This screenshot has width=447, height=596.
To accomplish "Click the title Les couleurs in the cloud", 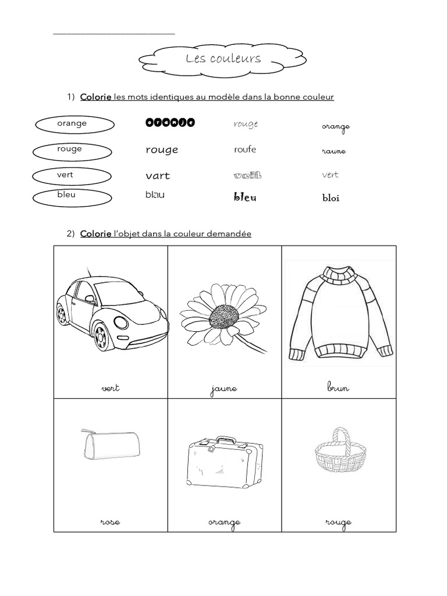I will pyautogui.click(x=223, y=59).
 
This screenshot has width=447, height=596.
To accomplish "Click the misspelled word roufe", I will pyautogui.click(x=245, y=150).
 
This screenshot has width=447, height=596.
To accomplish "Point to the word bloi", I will pyautogui.click(x=331, y=198).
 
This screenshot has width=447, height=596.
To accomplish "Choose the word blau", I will pyautogui.click(x=155, y=195).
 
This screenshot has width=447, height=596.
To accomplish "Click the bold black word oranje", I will pyautogui.click(x=169, y=123).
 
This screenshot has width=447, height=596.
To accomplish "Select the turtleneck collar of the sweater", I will pyautogui.click(x=339, y=274).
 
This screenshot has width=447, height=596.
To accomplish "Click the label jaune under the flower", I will pyautogui.click(x=224, y=389).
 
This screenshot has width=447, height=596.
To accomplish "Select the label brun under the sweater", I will pyautogui.click(x=338, y=388).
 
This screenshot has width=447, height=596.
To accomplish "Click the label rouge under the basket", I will pyautogui.click(x=339, y=523).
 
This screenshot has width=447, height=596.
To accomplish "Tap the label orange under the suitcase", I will pyautogui.click(x=224, y=523).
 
